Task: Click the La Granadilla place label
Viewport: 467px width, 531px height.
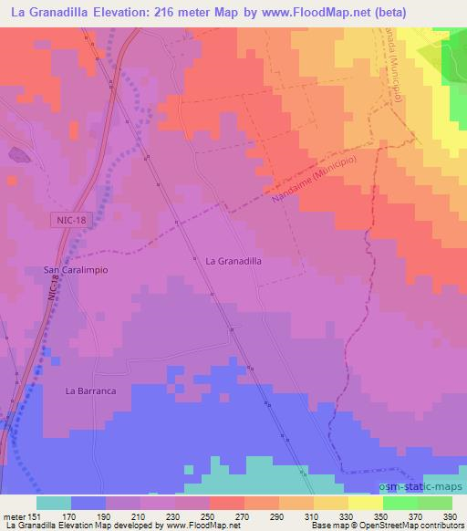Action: (234, 260)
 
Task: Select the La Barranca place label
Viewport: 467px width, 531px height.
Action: (90, 390)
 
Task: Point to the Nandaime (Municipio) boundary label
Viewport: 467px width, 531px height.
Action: (314, 182)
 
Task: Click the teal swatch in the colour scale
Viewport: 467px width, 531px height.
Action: (54, 503)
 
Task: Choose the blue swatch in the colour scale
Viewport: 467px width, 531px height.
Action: (88, 503)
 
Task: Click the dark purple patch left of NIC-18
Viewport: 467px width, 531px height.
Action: (19, 156)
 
